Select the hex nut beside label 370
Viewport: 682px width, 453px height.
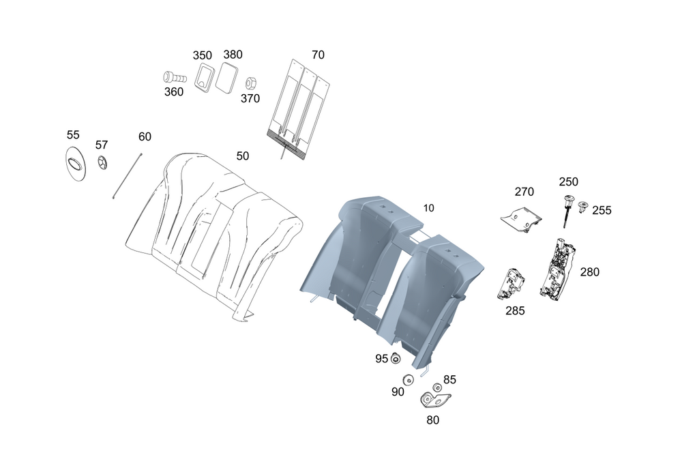click(250, 83)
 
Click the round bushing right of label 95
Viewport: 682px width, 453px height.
click(396, 359)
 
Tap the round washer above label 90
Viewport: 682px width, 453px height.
click(408, 381)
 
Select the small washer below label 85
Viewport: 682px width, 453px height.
click(438, 389)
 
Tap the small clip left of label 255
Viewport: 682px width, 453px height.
click(584, 206)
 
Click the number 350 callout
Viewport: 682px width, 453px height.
click(202, 55)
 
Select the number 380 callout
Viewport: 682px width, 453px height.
click(233, 55)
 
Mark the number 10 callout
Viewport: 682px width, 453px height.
click(428, 207)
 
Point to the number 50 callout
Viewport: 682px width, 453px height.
click(243, 156)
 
